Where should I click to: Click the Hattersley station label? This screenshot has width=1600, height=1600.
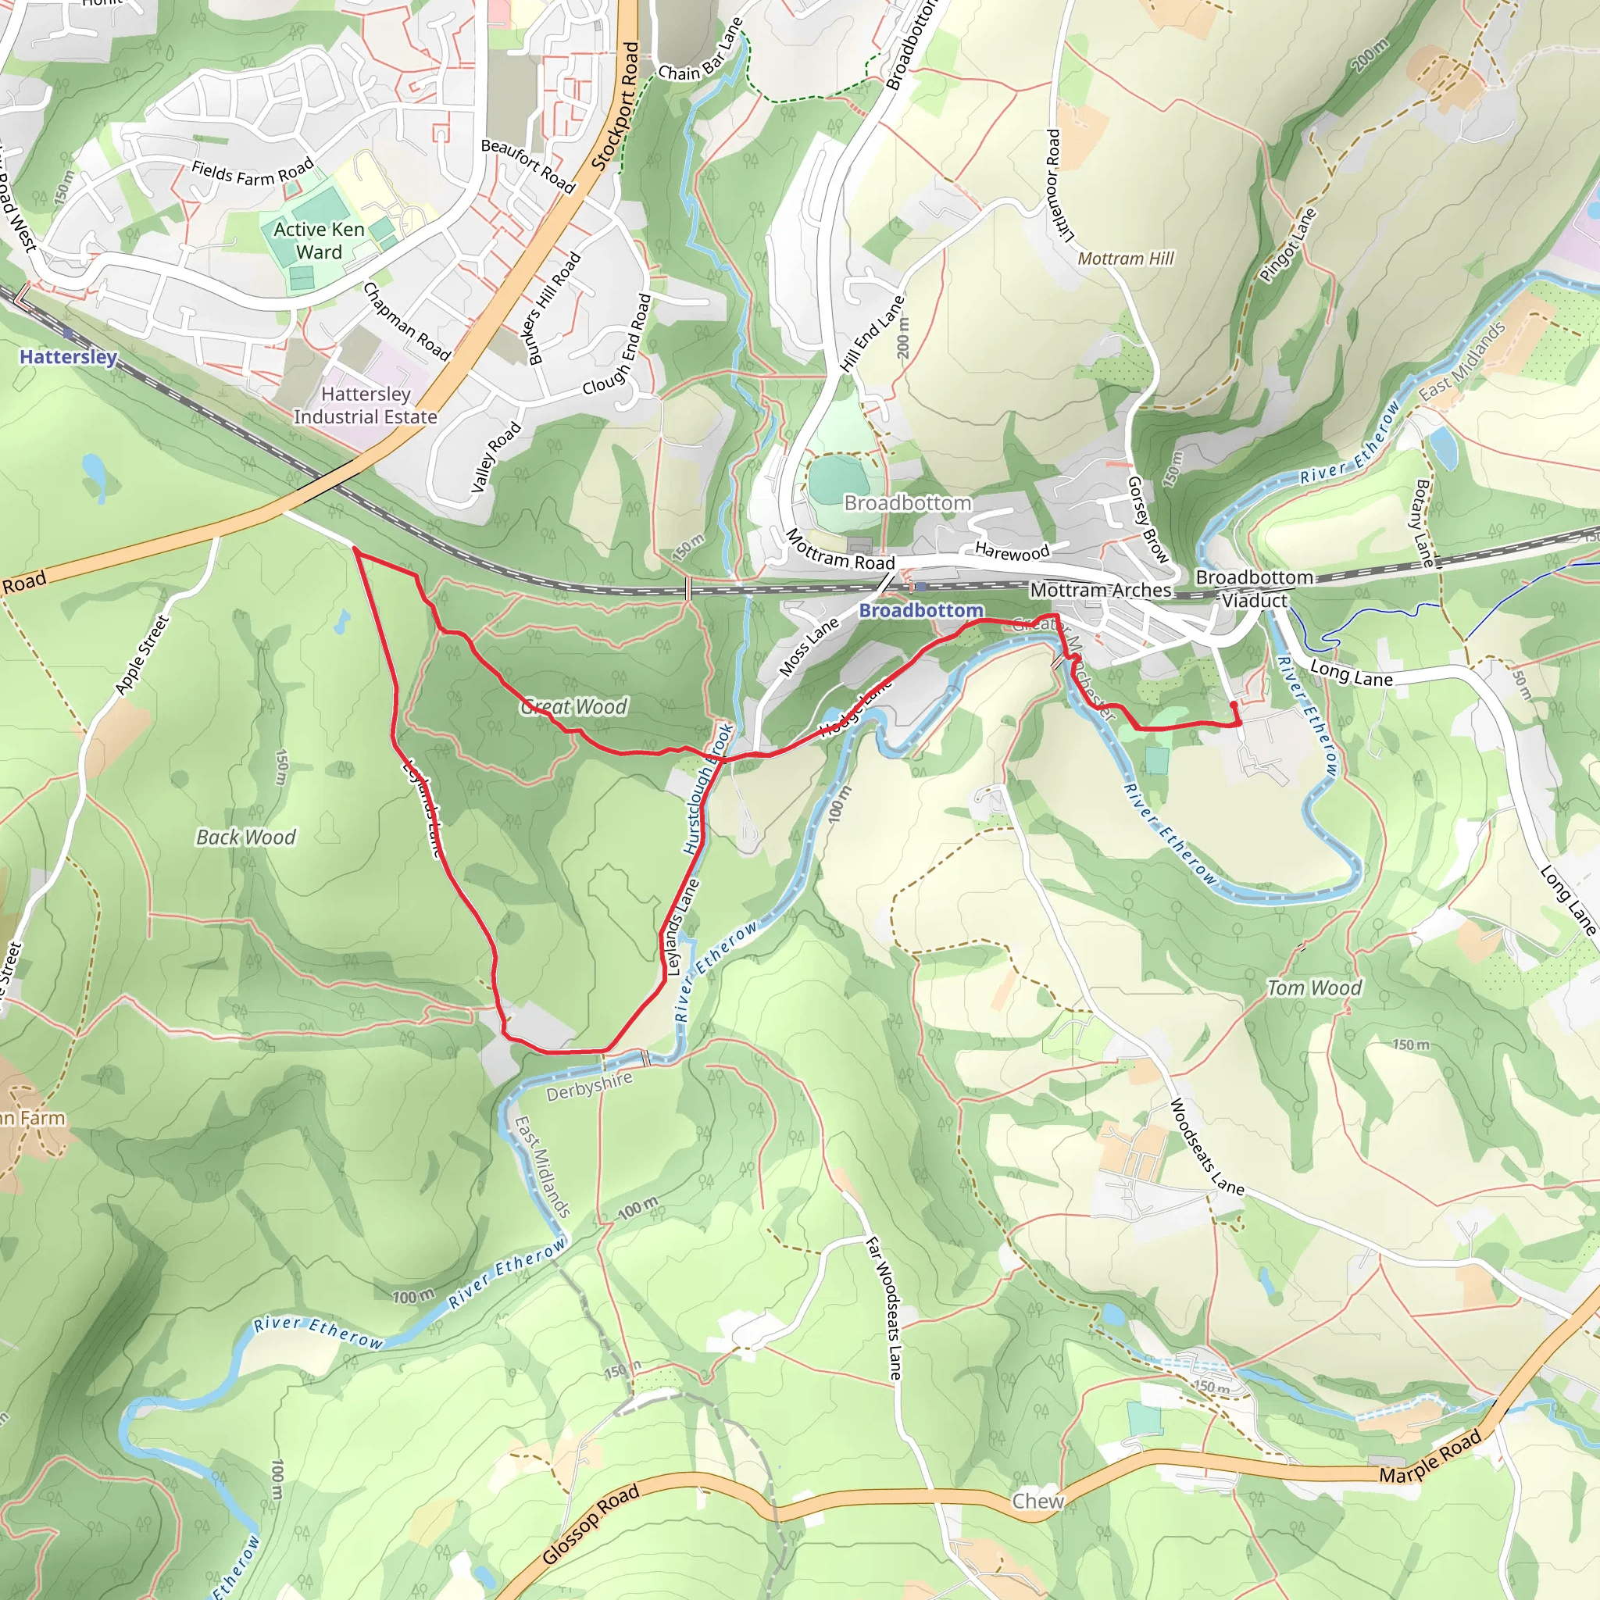(68, 357)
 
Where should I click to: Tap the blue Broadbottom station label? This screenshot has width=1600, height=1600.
(921, 610)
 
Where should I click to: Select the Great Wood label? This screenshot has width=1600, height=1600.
(574, 706)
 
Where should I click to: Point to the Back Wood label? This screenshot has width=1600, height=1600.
(246, 837)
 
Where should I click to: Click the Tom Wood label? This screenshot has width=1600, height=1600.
(1314, 988)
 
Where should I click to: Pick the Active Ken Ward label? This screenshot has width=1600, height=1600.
(319, 240)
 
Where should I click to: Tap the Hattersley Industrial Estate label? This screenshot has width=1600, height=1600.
(365, 405)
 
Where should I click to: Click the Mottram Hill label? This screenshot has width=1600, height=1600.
(1126, 259)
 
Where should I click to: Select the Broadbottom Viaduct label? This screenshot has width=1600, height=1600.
(1254, 589)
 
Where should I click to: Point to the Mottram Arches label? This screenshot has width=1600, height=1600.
(1101, 590)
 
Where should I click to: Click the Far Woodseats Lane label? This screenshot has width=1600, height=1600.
(884, 1309)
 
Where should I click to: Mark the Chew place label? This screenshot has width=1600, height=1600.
(1037, 1501)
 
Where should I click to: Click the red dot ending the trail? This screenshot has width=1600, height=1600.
(1234, 705)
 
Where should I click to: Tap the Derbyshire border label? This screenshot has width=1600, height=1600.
(589, 1086)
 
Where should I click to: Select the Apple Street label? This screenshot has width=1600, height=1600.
(141, 654)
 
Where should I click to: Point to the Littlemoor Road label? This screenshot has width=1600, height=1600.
(1059, 185)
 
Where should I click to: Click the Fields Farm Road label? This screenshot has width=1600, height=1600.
(252, 171)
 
